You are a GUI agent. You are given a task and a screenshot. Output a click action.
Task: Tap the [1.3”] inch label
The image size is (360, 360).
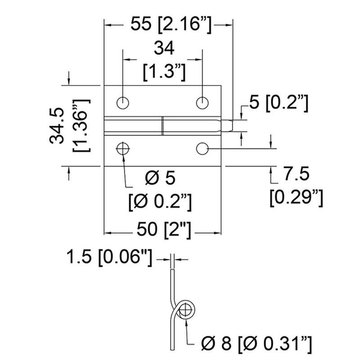(x=163, y=71)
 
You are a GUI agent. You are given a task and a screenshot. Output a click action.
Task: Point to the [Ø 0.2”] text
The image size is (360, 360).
(x=161, y=201)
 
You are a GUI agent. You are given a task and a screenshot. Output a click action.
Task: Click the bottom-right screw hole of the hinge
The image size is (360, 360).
(x=202, y=148)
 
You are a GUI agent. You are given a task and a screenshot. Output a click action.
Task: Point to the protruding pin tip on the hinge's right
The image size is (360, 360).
(x=229, y=125)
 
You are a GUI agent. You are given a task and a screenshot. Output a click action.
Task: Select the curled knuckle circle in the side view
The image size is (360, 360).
(x=184, y=310)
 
